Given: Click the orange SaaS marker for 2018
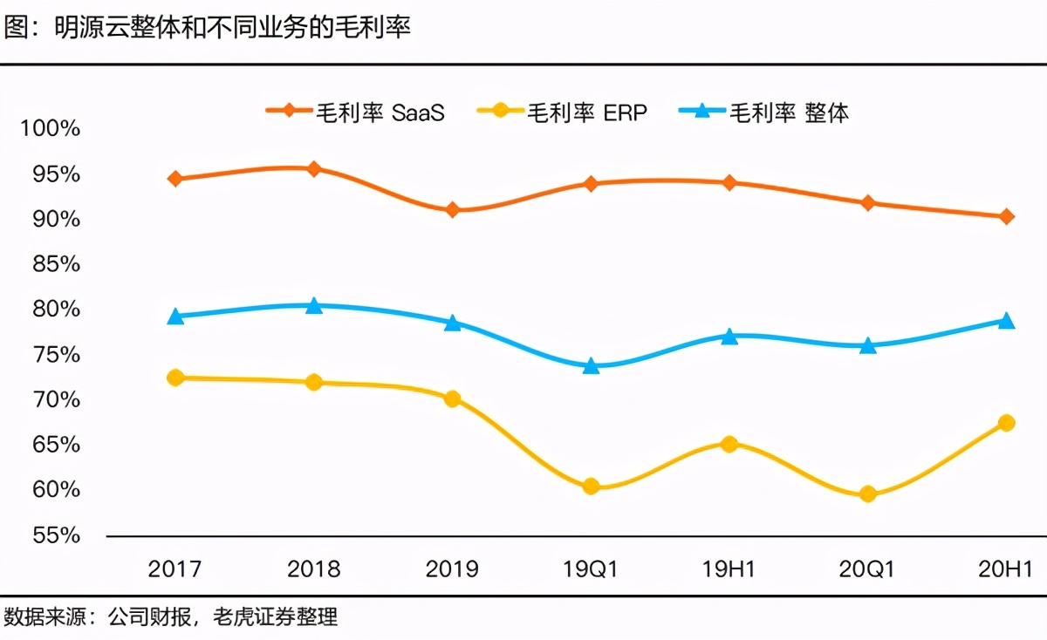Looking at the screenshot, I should (x=313, y=168).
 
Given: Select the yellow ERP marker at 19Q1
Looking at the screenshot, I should (x=591, y=487).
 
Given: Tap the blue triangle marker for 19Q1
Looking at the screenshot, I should (x=591, y=366).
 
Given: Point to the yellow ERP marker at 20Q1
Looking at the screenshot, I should (x=868, y=494).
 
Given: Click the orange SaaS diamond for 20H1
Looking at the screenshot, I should (x=1006, y=216).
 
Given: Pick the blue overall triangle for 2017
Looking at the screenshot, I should (x=175, y=317).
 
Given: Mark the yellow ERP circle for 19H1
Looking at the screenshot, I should (x=729, y=444).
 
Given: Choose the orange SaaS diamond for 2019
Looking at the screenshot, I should (x=452, y=210).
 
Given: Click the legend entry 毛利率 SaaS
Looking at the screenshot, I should (x=355, y=112).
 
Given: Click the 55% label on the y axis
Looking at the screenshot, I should (x=56, y=535).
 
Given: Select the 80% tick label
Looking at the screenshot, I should (x=56, y=310).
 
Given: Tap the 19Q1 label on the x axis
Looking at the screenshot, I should (x=591, y=569).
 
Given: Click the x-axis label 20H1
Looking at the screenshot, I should (x=1006, y=569).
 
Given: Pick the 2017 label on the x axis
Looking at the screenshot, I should (x=175, y=569).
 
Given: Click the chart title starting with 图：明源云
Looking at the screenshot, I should (x=207, y=28).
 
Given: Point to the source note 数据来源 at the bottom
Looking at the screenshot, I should (x=170, y=618).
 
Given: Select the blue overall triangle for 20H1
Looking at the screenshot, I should (x=1006, y=321).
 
